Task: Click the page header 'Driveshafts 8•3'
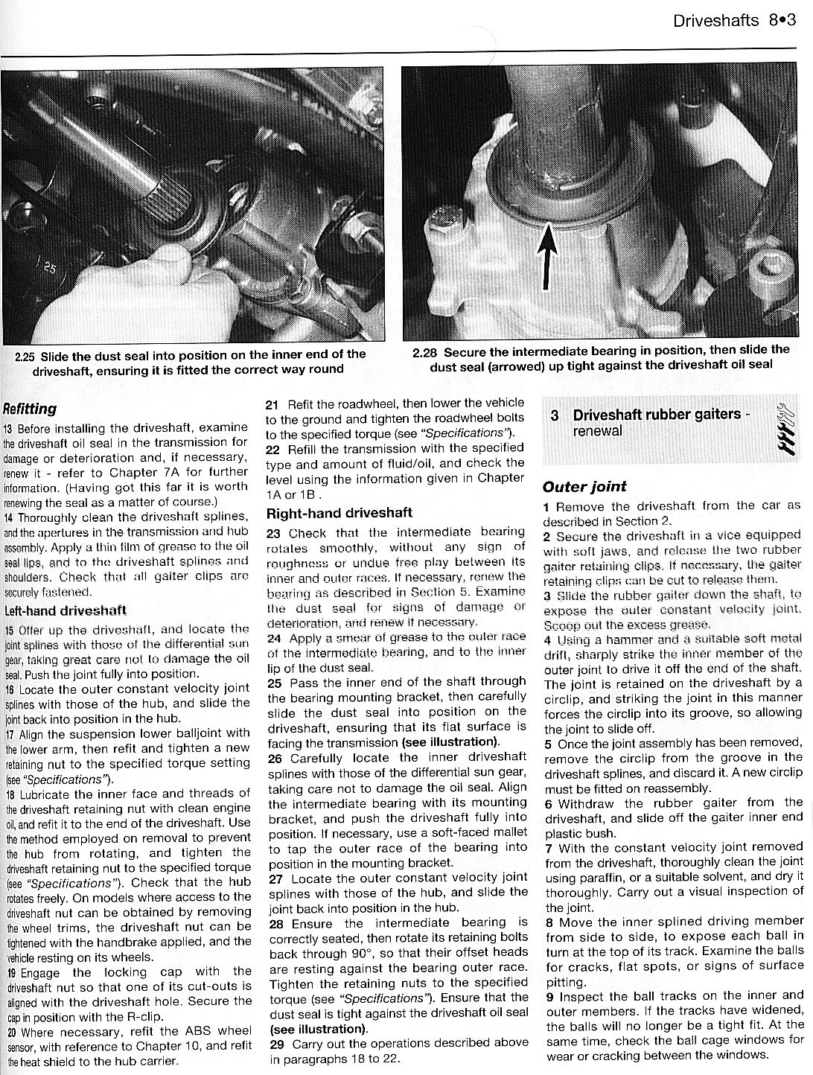pyautogui.click(x=733, y=20)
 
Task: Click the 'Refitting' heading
pyautogui.click(x=30, y=409)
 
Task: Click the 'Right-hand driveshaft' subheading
pyautogui.click(x=339, y=513)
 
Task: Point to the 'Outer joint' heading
pyautogui.click(x=584, y=487)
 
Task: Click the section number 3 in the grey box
pyautogui.click(x=555, y=415)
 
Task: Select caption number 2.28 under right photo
pyautogui.click(x=424, y=351)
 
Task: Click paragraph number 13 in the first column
pyautogui.click(x=9, y=430)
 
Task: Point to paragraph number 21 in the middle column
pyautogui.click(x=272, y=404)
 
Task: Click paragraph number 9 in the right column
pyautogui.click(x=548, y=996)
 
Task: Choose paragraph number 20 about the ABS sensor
pyautogui.click(x=10, y=1033)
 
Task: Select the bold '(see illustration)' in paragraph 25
pyautogui.click(x=450, y=741)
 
